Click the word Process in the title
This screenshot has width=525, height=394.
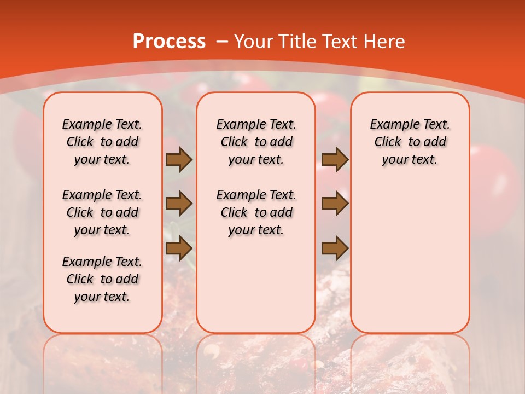[169, 42]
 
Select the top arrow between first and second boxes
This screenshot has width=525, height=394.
[179, 160]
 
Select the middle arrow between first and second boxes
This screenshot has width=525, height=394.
[179, 204]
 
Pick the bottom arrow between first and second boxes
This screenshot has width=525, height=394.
[179, 249]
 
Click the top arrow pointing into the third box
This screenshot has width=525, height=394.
[335, 160]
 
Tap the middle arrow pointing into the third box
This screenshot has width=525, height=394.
[335, 204]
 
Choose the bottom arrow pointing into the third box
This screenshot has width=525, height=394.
[335, 249]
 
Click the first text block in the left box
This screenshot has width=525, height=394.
[102, 142]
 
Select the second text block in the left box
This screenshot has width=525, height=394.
[102, 212]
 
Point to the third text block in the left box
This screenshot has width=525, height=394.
[102, 279]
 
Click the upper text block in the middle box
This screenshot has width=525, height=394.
[256, 142]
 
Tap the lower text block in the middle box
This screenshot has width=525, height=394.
[256, 212]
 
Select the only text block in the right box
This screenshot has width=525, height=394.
[410, 142]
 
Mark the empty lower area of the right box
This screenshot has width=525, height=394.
[410, 257]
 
